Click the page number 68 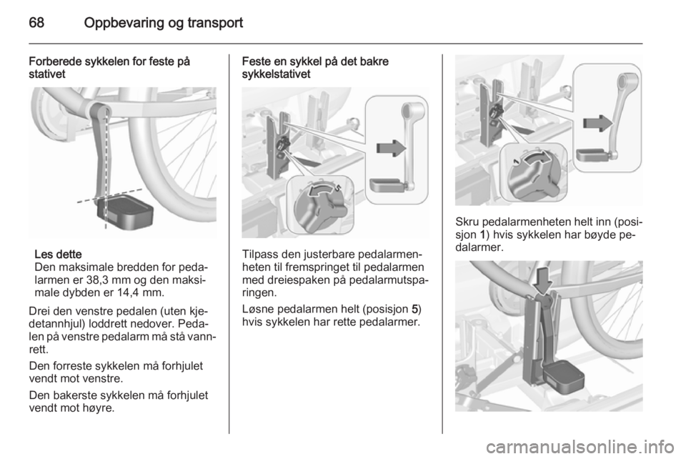[36, 22]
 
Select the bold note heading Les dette [58, 255]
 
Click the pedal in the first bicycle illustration [125, 214]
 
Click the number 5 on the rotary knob [338, 188]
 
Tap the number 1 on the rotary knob [516, 162]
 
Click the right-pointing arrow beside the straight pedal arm [391, 148]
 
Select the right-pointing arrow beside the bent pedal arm [598, 123]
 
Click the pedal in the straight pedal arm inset [387, 184]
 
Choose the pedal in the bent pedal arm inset [593, 155]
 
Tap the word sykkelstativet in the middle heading [276, 74]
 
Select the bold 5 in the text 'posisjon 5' [414, 309]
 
